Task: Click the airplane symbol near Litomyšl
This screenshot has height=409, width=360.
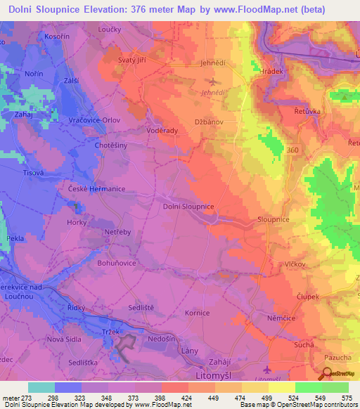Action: tap(266, 370)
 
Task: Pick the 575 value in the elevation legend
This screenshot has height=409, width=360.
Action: tap(347, 398)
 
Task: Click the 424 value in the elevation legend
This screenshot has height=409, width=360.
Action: tap(186, 398)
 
